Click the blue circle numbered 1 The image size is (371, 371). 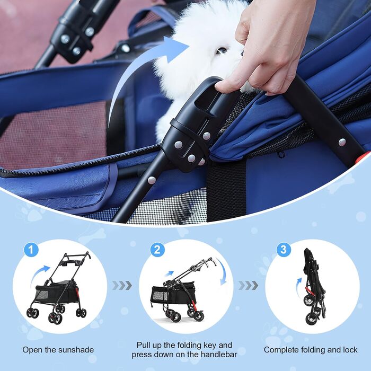point(31,250)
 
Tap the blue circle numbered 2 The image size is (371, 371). point(157,250)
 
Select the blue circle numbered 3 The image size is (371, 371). point(284,250)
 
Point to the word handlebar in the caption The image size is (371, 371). point(219,355)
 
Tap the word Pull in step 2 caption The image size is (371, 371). point(144,345)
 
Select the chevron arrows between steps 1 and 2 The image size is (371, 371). point(122,286)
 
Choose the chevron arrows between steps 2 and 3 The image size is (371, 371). point(248,286)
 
